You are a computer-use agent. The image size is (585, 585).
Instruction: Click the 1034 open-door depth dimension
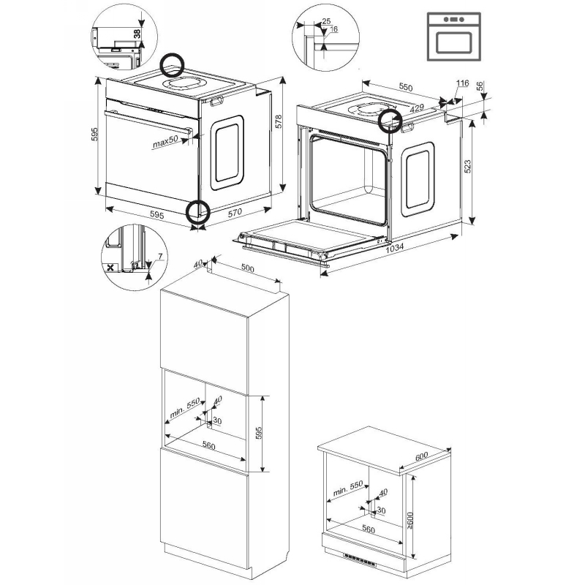click(x=395, y=248)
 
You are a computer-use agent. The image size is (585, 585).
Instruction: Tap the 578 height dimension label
click(x=279, y=121)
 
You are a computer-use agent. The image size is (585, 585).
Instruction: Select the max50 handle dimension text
click(x=165, y=142)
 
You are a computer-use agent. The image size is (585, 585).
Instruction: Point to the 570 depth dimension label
click(x=235, y=212)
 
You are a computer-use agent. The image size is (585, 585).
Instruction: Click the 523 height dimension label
click(x=467, y=166)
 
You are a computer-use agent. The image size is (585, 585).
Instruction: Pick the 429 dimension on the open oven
click(x=417, y=108)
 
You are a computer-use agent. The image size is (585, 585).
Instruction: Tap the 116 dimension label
click(x=462, y=83)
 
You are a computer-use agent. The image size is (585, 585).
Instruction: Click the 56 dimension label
click(x=480, y=86)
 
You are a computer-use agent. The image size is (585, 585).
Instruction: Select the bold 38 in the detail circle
click(x=137, y=34)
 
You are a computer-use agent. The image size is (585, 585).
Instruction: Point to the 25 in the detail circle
click(x=326, y=21)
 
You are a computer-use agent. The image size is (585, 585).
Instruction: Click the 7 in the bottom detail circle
click(x=160, y=257)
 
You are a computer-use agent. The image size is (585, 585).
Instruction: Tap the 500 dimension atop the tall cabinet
click(x=247, y=268)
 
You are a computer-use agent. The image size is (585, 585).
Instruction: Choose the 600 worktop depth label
click(x=421, y=456)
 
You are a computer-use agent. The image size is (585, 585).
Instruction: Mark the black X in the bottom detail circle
click(x=110, y=268)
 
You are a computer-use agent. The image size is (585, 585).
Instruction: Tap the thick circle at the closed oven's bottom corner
click(x=197, y=211)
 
